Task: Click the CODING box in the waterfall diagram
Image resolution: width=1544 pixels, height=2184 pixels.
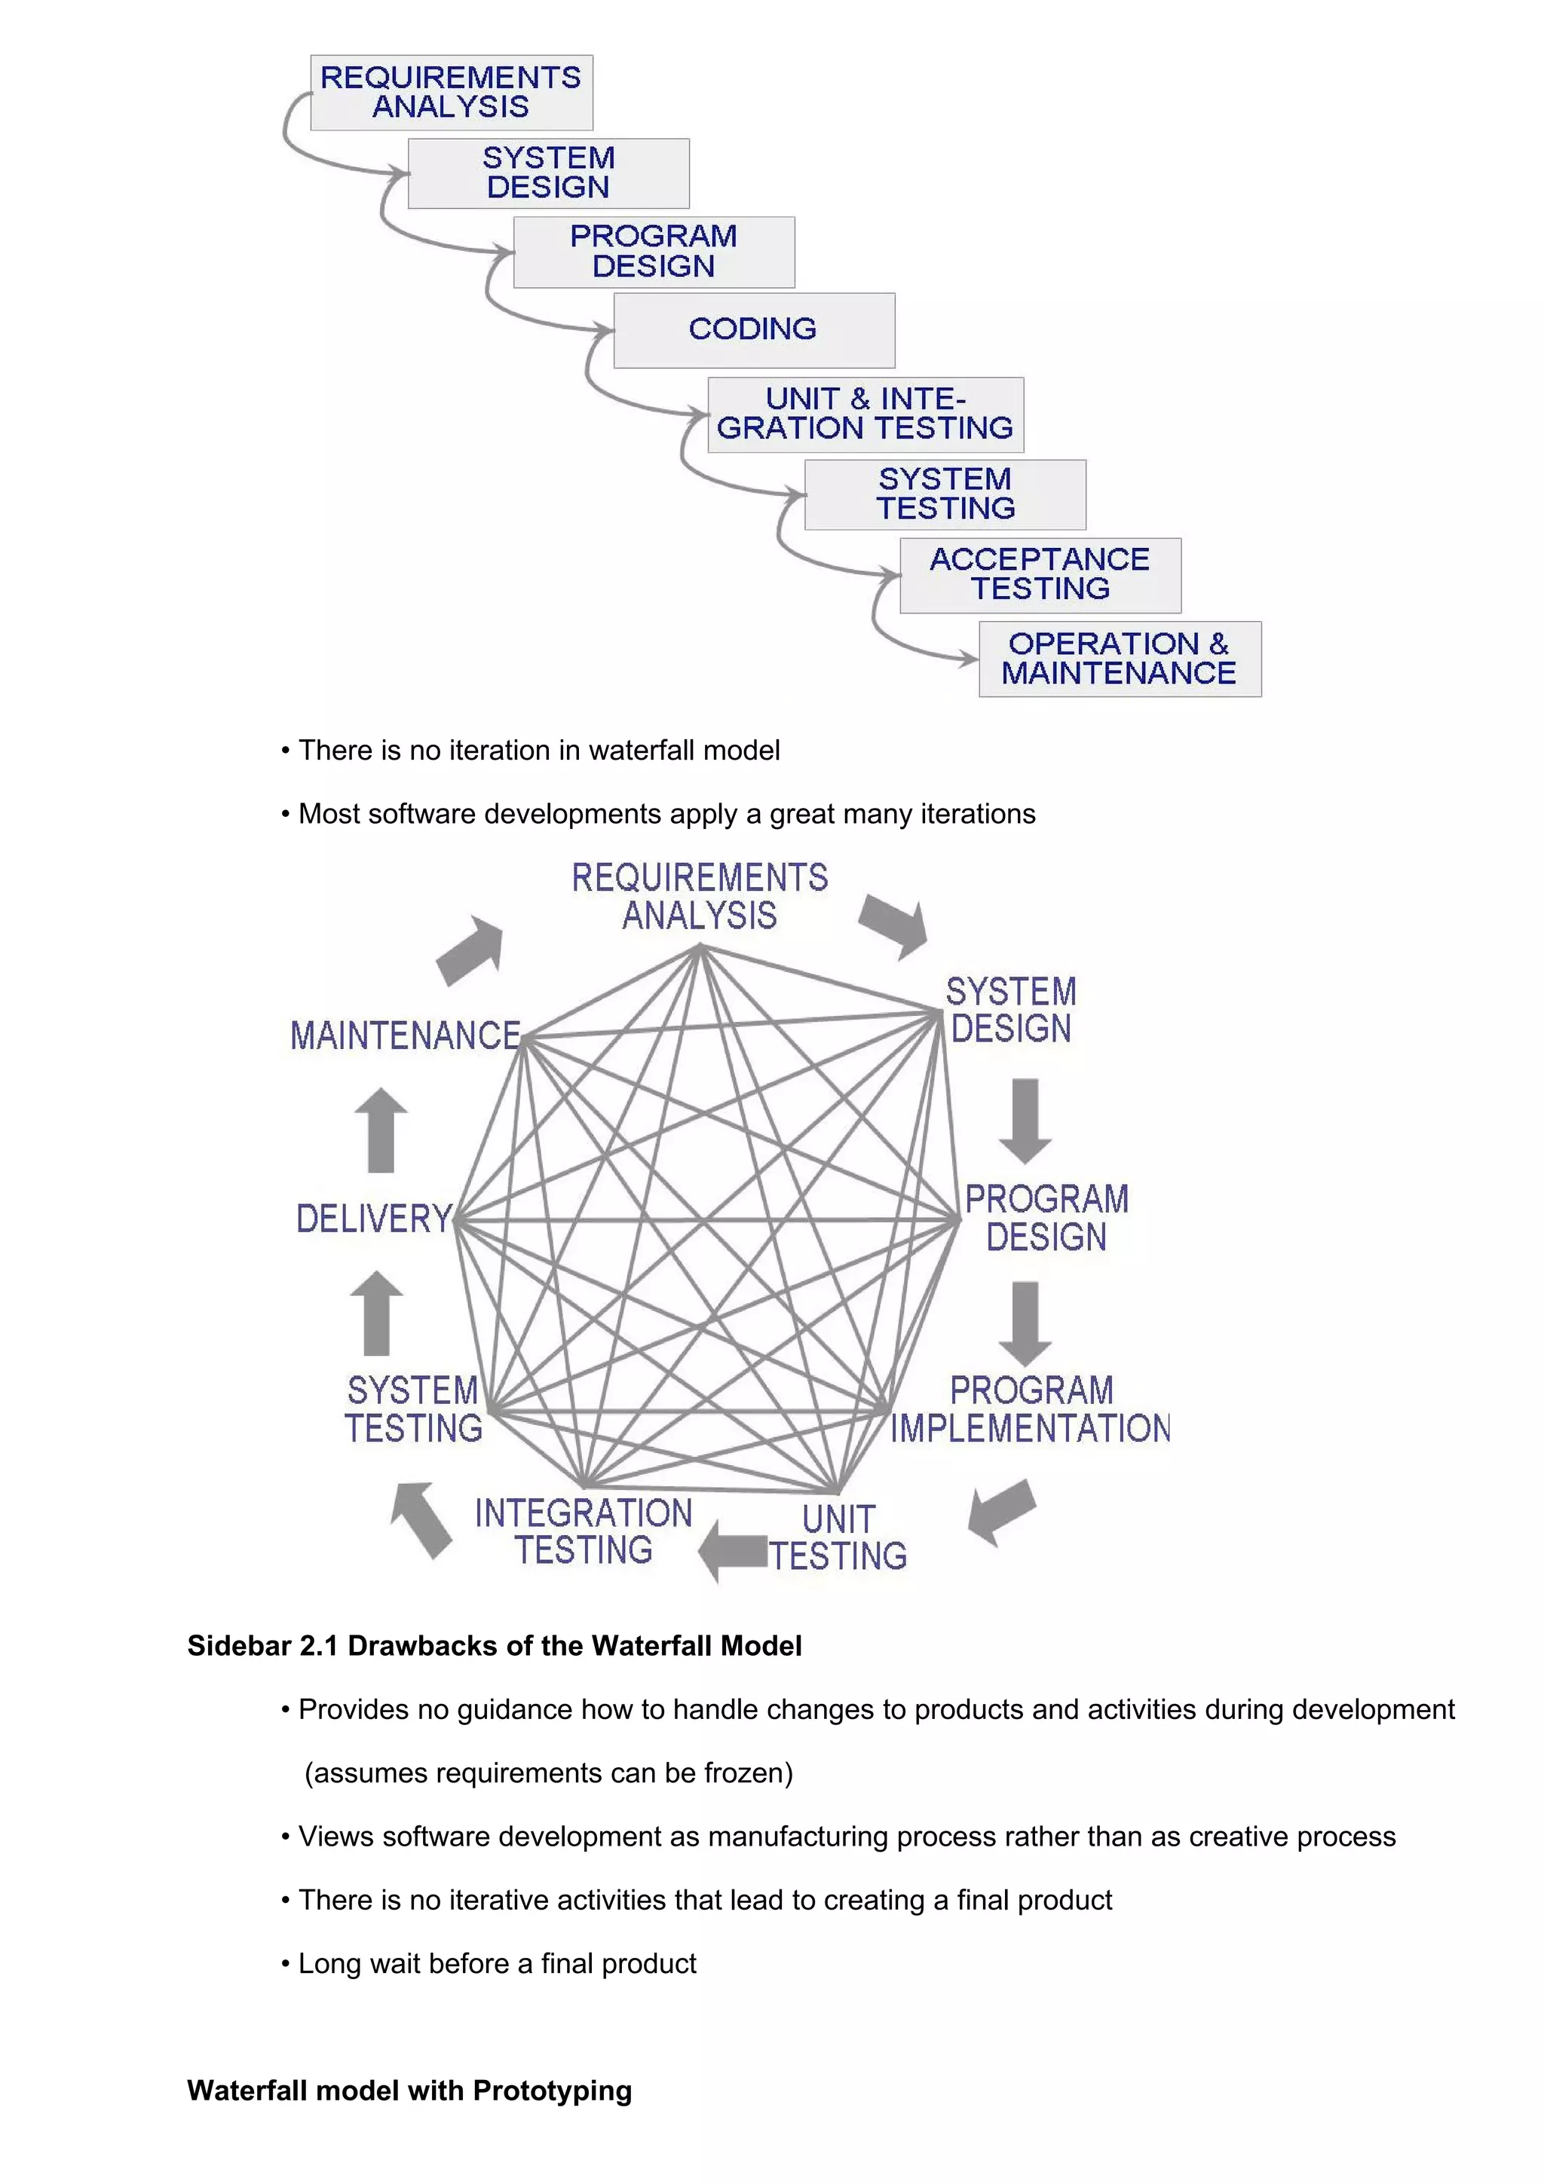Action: [x=753, y=330]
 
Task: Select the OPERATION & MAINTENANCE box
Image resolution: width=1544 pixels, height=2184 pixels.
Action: [x=1119, y=659]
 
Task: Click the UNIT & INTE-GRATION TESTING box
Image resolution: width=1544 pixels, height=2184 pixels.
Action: [x=865, y=414]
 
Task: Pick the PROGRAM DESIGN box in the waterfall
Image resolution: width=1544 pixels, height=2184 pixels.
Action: [x=654, y=252]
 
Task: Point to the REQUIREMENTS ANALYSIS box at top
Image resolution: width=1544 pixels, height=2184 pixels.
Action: [x=451, y=92]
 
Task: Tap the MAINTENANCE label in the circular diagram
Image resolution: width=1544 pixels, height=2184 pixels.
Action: [x=406, y=1036]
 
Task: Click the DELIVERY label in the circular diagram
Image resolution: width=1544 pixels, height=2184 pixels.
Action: [x=374, y=1219]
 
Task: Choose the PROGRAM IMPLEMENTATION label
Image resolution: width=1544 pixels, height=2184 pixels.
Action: [x=1031, y=1410]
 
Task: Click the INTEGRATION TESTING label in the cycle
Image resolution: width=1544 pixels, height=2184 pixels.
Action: [x=584, y=1531]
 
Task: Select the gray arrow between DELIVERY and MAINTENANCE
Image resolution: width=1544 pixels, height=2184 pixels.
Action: [x=381, y=1130]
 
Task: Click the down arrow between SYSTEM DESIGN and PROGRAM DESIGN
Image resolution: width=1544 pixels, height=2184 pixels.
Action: [x=1025, y=1121]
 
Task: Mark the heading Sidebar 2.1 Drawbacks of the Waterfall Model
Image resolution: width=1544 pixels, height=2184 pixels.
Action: [x=494, y=1646]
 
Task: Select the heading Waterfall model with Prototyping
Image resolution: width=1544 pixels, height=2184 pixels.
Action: [x=409, y=2091]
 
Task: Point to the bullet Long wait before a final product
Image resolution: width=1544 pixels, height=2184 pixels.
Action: [x=497, y=1963]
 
